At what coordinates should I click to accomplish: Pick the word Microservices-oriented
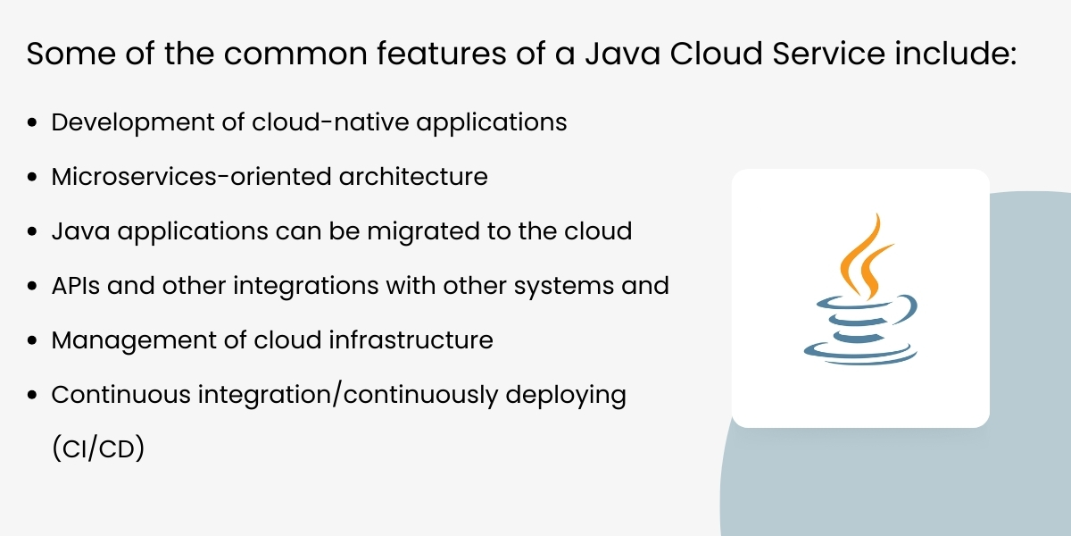191,176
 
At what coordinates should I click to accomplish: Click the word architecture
413,176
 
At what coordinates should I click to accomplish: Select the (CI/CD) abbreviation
98,449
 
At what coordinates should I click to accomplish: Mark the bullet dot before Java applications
34,231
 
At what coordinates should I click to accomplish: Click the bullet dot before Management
34,341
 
